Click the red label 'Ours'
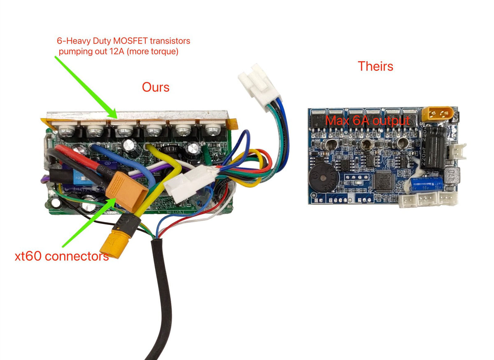click(x=156, y=87)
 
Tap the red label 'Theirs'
click(x=375, y=66)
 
